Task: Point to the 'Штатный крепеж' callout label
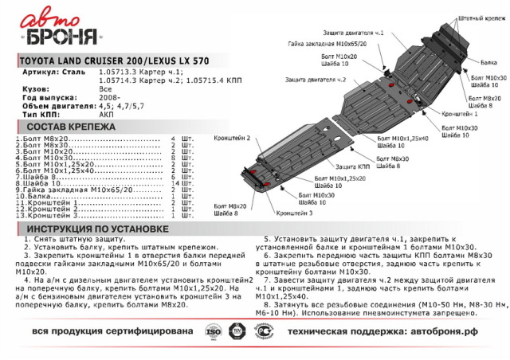(x=481, y=16)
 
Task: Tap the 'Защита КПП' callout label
(x=353, y=166)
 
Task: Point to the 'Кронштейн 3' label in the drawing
(x=295, y=213)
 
